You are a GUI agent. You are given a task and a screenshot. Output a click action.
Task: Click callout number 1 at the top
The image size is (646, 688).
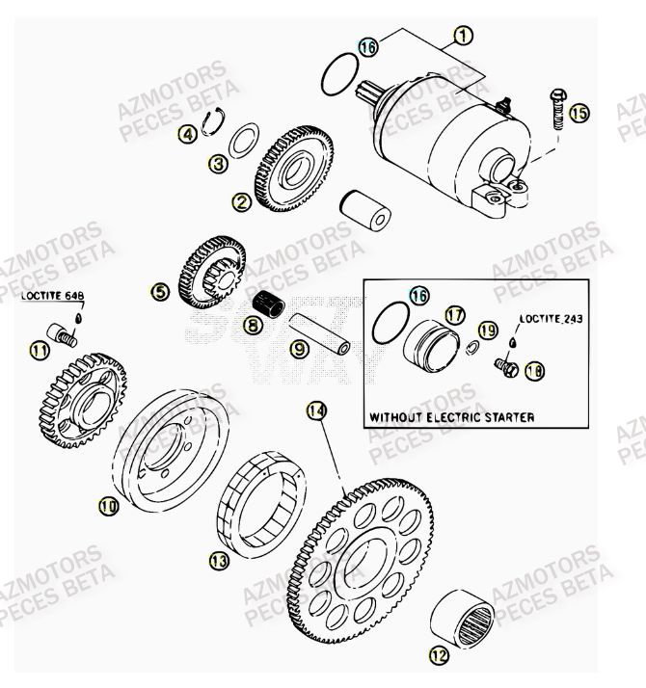click(x=462, y=36)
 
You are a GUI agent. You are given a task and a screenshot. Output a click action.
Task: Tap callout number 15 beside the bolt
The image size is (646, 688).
click(x=578, y=114)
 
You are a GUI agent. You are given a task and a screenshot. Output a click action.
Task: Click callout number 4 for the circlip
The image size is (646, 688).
click(x=190, y=135)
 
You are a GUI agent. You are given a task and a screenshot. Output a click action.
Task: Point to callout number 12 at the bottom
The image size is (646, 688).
click(x=440, y=657)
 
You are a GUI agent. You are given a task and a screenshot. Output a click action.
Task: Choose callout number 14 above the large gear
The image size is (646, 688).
click(x=316, y=411)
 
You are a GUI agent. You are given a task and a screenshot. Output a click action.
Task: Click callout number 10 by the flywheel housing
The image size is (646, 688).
click(x=108, y=504)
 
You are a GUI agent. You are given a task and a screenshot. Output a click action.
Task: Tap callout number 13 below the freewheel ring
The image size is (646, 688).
click(x=219, y=559)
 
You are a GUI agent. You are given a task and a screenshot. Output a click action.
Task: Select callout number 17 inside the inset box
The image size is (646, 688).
click(x=454, y=315)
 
